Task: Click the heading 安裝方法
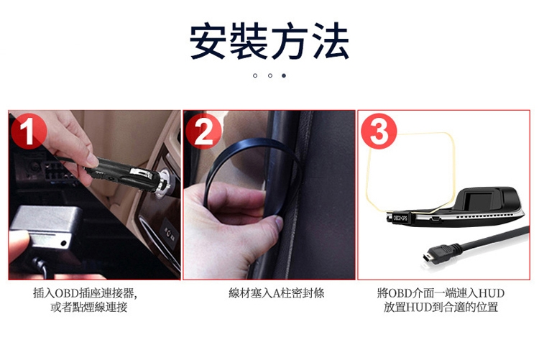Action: [x=269, y=40]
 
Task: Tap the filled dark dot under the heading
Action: [x=284, y=75]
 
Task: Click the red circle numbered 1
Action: [x=28, y=131]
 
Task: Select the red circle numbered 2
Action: [x=203, y=131]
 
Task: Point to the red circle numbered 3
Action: [x=379, y=131]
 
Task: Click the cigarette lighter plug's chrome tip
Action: [x=165, y=183]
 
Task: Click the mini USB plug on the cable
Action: [x=435, y=254]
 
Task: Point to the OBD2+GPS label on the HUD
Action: [x=400, y=217]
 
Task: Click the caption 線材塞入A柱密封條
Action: [x=277, y=293]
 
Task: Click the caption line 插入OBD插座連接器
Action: [x=85, y=293]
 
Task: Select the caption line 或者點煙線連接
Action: [x=89, y=307]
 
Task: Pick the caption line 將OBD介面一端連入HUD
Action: [x=441, y=293]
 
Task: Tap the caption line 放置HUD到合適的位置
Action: [x=441, y=307]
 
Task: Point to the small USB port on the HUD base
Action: [x=436, y=218]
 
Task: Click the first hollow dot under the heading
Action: [x=254, y=75]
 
